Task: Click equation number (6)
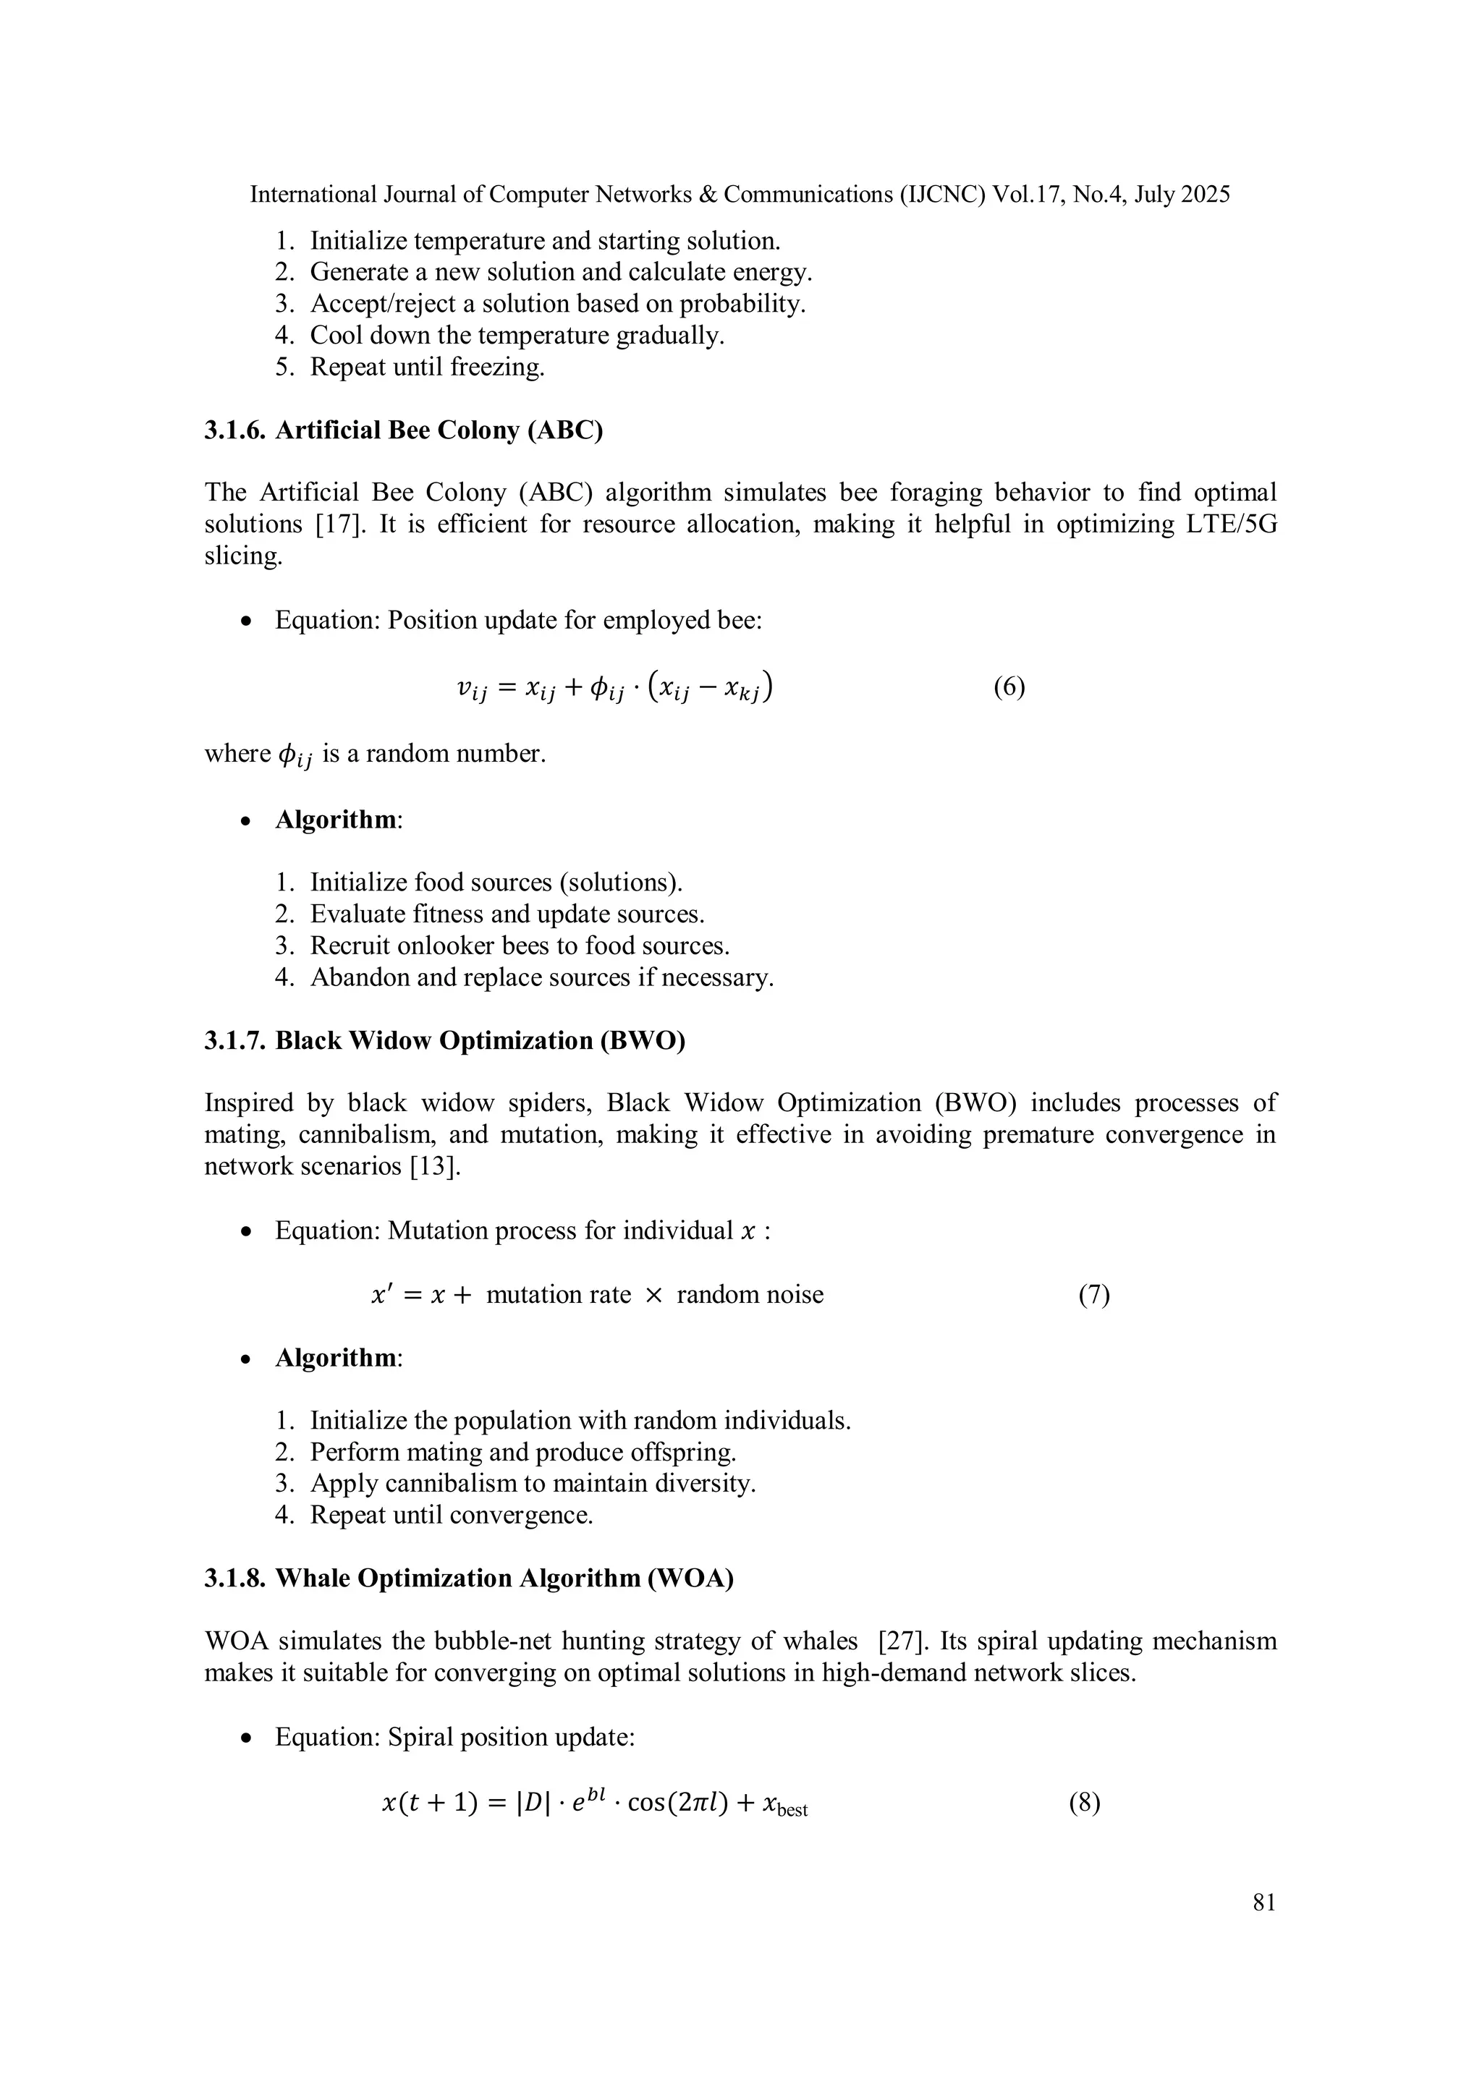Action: pos(1009,687)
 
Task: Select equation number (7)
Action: pos(1094,1295)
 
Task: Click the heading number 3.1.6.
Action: pos(234,430)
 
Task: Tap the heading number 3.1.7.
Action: pos(234,1040)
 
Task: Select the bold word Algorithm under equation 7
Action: pos(336,1358)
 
